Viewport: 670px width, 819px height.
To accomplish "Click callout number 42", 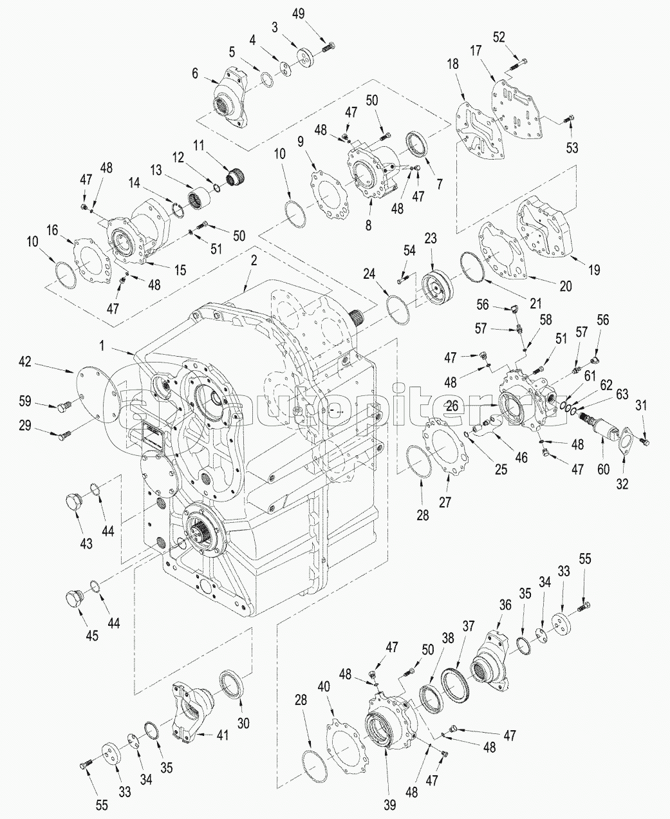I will (x=24, y=362).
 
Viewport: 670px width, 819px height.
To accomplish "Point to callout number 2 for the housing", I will (x=254, y=261).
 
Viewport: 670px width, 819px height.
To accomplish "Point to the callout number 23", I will (x=430, y=238).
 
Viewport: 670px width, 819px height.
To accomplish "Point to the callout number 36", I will (x=505, y=605).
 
